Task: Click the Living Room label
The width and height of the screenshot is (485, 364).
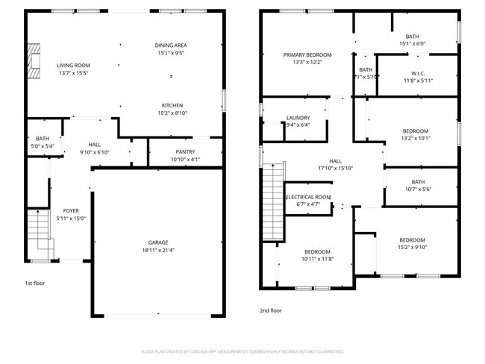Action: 73,65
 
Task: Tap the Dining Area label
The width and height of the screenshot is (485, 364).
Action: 171,45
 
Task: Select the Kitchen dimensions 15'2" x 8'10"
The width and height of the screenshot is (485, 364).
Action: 172,113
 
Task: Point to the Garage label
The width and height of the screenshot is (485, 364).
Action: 157,242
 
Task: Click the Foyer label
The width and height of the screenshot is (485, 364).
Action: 71,210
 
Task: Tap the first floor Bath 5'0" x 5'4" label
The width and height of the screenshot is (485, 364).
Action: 42,138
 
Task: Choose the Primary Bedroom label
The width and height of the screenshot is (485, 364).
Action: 307,55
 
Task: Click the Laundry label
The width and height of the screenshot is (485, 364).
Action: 298,118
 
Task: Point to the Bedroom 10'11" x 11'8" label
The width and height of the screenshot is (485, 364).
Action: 317,251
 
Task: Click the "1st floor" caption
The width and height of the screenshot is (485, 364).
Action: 36,283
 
